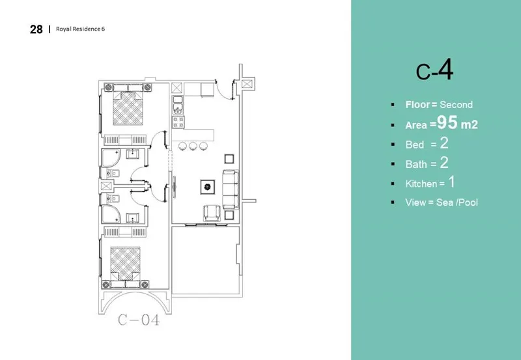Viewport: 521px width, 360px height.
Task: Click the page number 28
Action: tap(36, 29)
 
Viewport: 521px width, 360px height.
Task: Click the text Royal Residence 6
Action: tap(81, 29)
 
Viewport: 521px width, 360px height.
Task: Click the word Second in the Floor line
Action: tap(456, 105)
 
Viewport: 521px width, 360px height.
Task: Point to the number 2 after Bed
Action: tap(445, 143)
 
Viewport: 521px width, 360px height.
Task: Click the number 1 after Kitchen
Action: tap(451, 183)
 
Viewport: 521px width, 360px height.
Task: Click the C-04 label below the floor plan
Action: tap(138, 320)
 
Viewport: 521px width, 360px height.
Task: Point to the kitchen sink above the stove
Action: tap(177, 109)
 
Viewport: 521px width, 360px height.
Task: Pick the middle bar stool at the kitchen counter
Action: tap(193, 145)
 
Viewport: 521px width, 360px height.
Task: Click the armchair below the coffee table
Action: tap(211, 213)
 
